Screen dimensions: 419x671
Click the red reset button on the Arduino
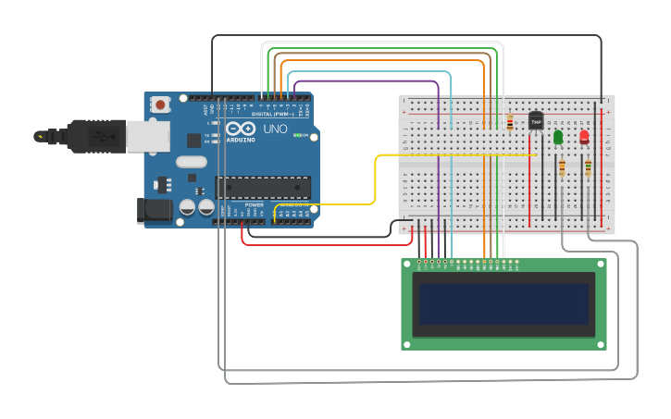161,105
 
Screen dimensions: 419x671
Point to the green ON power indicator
300,136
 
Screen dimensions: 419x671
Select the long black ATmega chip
262,186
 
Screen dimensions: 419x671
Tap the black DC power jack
152,211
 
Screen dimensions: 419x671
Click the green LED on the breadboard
558,138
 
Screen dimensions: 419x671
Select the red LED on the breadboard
584,137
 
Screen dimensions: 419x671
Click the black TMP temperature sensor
536,121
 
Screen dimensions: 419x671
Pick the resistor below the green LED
562,167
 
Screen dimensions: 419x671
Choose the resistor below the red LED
588,167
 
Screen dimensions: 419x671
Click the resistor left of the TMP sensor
510,122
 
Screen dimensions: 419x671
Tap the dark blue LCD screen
503,304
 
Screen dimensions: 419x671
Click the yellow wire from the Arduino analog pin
375,180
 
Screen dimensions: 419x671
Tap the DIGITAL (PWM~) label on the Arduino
279,100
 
